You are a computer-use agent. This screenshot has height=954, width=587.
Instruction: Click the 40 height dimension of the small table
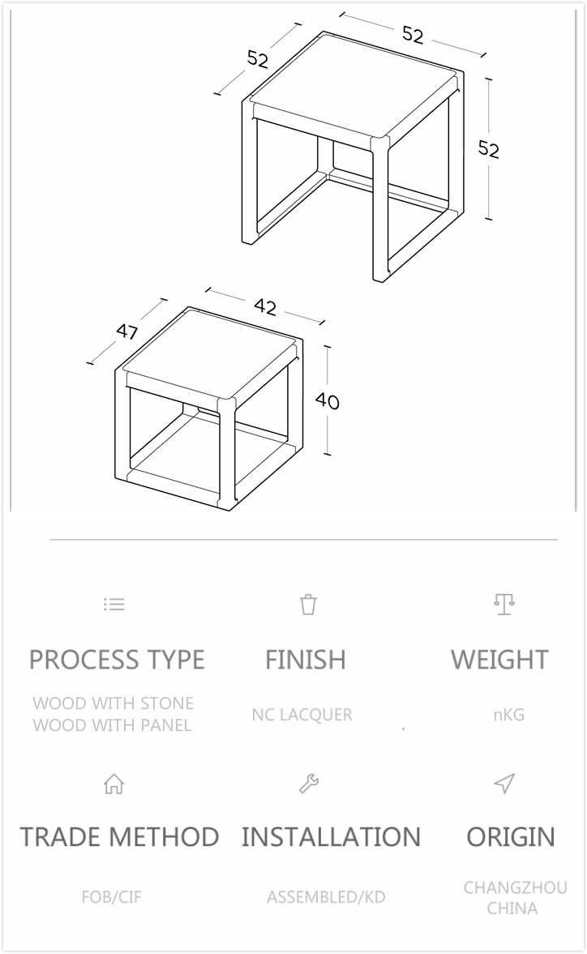pyautogui.click(x=328, y=401)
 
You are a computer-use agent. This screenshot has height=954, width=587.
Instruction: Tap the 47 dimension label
pyautogui.click(x=126, y=332)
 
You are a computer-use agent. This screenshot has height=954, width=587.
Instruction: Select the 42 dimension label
pyautogui.click(x=265, y=307)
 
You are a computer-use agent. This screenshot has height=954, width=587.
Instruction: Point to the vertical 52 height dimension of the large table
pyautogui.click(x=488, y=149)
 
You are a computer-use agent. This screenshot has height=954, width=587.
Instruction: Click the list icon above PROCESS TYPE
pyautogui.click(x=114, y=604)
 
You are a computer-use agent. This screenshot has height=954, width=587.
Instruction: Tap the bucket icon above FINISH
pyautogui.click(x=308, y=604)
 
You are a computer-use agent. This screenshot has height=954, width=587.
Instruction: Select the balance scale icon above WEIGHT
pyautogui.click(x=504, y=604)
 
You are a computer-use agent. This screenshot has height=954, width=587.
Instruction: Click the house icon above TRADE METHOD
pyautogui.click(x=114, y=784)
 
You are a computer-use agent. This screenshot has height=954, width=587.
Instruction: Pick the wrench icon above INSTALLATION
pyautogui.click(x=309, y=784)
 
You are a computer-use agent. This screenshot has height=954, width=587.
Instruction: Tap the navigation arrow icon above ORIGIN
pyautogui.click(x=504, y=784)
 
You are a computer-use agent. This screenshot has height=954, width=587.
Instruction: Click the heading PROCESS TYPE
pyautogui.click(x=117, y=660)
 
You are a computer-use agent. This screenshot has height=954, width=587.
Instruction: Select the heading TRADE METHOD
pyautogui.click(x=119, y=836)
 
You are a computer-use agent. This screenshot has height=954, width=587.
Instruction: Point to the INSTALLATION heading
pyautogui.click(x=331, y=836)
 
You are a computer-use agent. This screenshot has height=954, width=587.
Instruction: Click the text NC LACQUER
pyautogui.click(x=302, y=715)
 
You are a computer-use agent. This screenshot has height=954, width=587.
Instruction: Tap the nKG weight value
pyautogui.click(x=508, y=715)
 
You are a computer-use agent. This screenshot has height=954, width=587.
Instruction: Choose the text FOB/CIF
pyautogui.click(x=111, y=897)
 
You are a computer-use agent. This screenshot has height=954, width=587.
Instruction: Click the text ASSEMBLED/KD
pyautogui.click(x=326, y=897)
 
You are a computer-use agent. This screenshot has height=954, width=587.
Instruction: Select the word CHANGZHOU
pyautogui.click(x=515, y=888)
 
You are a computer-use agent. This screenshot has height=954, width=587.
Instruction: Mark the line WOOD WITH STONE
pyautogui.click(x=113, y=704)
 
